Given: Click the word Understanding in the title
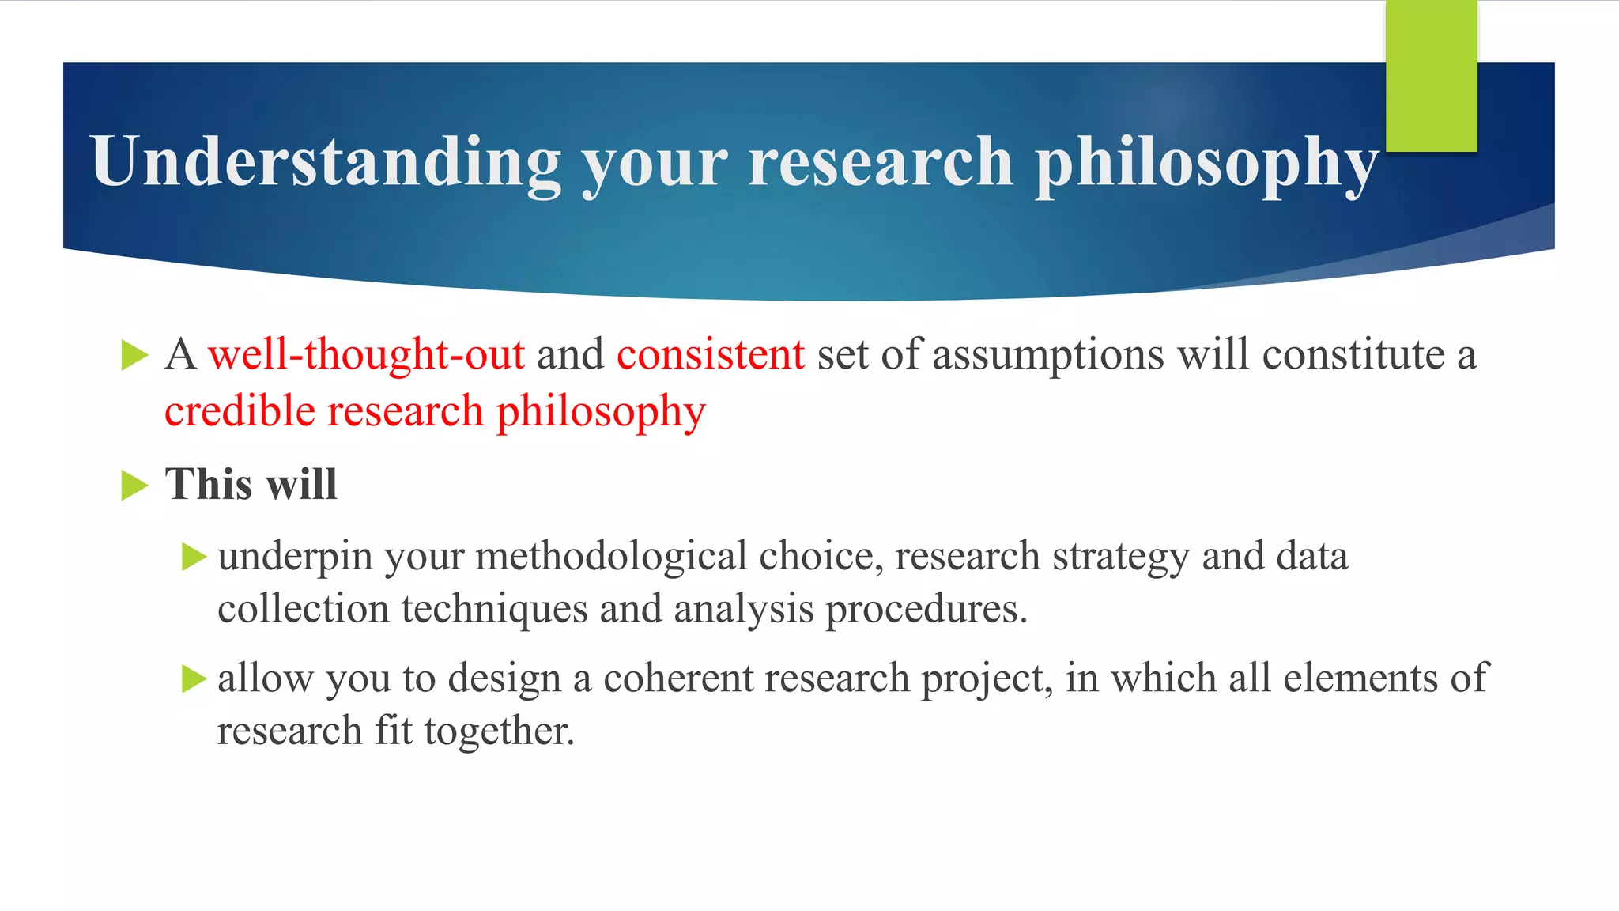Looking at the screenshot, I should coord(326,162).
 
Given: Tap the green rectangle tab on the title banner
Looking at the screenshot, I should coord(1431,76).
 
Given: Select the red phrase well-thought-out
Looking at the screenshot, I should coord(366,354).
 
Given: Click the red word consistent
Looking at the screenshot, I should coord(710,354).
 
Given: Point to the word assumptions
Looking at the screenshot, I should coord(1048,354).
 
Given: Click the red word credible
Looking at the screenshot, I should coord(239,411).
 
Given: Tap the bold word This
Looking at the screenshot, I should coord(205,484).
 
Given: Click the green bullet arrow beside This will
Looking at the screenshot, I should coord(134,485).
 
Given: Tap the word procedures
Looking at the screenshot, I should coord(926,609).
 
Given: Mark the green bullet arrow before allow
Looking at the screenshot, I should coord(194,679).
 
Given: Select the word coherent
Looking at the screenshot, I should coord(678,679).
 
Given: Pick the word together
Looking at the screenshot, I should coord(499,731).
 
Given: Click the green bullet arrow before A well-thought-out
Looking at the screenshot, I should coord(134,355).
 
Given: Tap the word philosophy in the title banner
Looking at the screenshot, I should coord(1207,162).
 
